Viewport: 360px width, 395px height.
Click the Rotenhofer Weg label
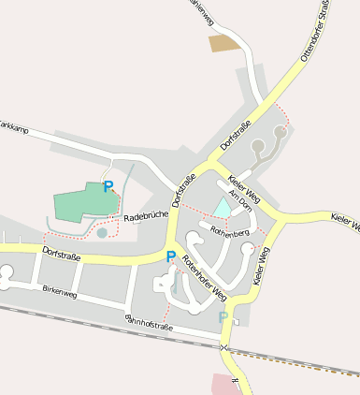pyautogui.click(x=205, y=277)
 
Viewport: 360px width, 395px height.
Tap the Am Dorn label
pyautogui.click(x=240, y=198)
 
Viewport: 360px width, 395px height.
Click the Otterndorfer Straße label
pyautogui.click(x=314, y=33)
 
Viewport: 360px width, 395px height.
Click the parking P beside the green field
pyautogui.click(x=108, y=186)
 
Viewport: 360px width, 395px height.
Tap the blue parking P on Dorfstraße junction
pyautogui.click(x=170, y=256)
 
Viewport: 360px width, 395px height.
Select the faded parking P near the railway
pyautogui.click(x=223, y=317)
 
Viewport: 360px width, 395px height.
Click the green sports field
pyautogui.click(x=82, y=201)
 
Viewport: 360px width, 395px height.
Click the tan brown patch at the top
pyautogui.click(x=223, y=42)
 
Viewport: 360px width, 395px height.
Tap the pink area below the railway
pyautogui.click(x=224, y=384)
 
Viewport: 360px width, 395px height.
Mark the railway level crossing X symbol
pyautogui.click(x=223, y=347)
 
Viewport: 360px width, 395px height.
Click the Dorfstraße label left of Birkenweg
pyautogui.click(x=61, y=255)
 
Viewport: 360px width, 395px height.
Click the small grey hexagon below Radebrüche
pyautogui.click(x=102, y=233)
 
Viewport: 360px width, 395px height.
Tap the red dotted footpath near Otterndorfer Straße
pyautogui.click(x=284, y=116)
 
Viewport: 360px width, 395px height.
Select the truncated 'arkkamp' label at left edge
pyautogui.click(x=13, y=125)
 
